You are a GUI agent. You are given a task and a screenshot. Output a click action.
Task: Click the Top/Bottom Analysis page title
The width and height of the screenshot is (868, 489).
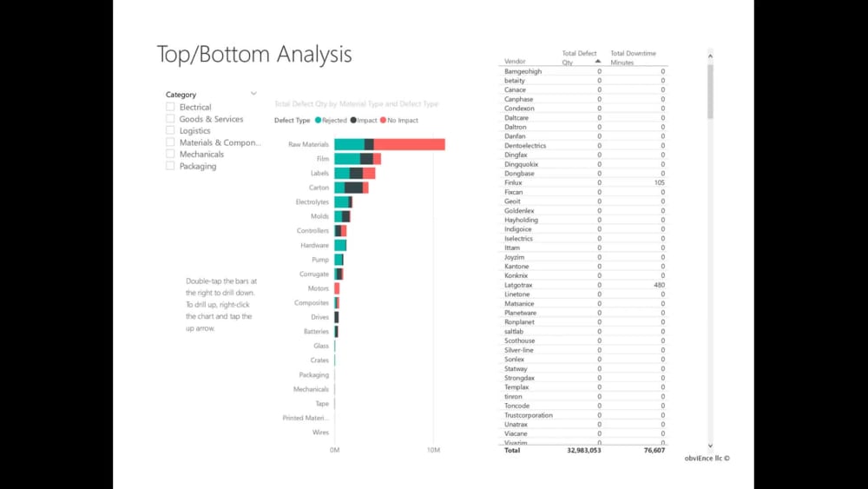[254, 54]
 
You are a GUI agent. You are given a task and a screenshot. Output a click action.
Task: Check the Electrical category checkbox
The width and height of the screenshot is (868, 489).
[170, 107]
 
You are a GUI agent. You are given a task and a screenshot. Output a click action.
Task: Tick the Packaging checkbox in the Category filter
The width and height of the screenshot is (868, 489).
[170, 166]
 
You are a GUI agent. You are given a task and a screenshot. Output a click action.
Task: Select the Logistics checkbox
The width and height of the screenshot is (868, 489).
[170, 130]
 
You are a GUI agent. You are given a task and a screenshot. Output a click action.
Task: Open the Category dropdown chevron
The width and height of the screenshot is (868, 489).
[253, 94]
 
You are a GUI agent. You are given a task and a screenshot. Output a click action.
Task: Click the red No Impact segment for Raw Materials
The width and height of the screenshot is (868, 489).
[409, 144]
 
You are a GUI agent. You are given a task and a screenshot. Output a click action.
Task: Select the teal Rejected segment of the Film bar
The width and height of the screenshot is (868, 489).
[347, 159]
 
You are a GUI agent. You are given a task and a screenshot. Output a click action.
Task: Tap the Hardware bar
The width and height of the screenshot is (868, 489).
[340, 246]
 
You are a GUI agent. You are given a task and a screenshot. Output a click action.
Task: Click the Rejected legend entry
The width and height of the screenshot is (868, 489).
[332, 121]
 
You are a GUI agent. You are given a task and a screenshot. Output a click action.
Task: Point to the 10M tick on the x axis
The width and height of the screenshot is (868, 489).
[433, 450]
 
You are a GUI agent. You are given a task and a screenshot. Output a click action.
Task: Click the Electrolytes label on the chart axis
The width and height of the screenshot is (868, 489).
[312, 202]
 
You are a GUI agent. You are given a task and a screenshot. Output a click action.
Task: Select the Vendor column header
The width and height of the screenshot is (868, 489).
[515, 63]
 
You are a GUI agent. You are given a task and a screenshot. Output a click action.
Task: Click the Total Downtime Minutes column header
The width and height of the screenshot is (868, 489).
[633, 58]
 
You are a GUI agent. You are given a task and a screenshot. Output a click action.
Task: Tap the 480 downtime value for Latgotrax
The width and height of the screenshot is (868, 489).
[659, 285]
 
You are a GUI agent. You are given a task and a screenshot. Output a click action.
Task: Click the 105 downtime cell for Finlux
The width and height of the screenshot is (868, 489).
[659, 182]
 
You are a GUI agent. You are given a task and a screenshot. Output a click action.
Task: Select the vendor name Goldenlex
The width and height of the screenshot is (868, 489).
[519, 210]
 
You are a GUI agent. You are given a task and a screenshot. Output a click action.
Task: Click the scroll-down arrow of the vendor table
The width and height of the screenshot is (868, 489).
[710, 445]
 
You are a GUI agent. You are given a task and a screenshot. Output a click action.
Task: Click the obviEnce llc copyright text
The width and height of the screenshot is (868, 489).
[707, 458]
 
